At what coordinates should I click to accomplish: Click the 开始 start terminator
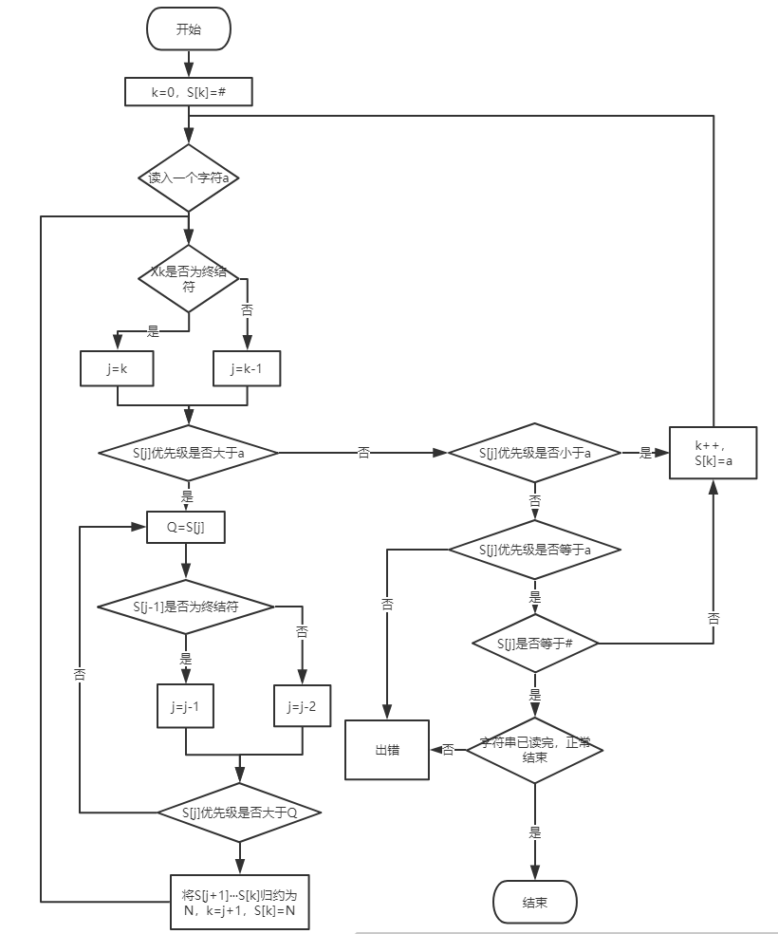point(188,28)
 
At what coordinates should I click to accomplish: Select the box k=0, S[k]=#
point(188,92)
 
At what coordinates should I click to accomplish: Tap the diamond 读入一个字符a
point(189,177)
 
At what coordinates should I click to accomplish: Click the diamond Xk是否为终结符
point(189,278)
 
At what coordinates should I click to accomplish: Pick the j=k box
point(117,368)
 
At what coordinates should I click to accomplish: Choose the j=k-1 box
point(247,368)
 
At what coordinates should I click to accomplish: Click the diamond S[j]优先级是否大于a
point(188,453)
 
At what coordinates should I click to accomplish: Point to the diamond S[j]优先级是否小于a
point(534,453)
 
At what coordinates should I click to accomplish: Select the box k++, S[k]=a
point(713,453)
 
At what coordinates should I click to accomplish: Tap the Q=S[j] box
point(186,527)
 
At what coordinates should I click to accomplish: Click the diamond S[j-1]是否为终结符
point(186,607)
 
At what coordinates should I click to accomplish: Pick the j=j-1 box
point(185,706)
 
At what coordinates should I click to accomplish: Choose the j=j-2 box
point(302,706)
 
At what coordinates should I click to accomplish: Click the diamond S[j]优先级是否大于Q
point(239,813)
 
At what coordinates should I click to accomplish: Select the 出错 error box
point(387,750)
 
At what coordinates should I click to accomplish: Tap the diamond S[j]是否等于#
point(534,644)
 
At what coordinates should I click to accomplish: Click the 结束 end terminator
point(534,903)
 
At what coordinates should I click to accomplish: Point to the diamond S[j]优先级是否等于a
point(534,550)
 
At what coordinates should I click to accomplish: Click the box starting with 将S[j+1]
point(239,902)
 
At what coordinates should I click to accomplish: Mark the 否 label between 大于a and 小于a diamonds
point(363,453)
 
